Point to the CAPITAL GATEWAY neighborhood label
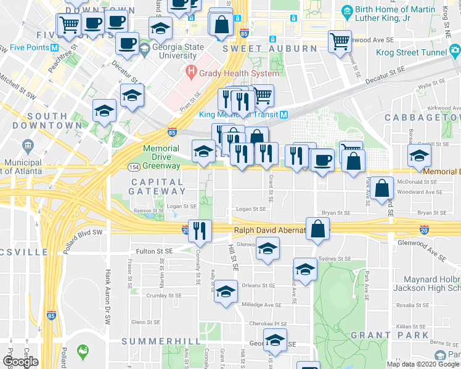tap(156, 187)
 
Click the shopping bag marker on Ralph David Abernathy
tap(318, 229)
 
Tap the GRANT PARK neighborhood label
tap(389, 335)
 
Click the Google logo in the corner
tap(20, 362)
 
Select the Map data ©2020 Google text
tap(422, 364)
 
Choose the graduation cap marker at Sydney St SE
tap(305, 268)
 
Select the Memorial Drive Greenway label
tap(161, 157)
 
